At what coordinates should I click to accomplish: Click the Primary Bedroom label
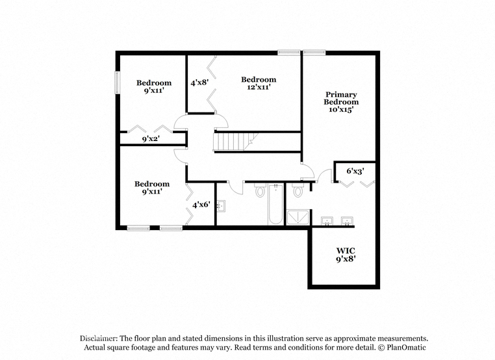coord(341,98)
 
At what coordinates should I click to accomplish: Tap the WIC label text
coord(346,251)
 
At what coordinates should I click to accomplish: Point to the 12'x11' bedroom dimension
coord(259,87)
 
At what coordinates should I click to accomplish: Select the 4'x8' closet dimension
coord(199,83)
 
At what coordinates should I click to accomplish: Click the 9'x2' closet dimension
coord(151,138)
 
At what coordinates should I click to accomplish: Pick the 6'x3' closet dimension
coord(355,171)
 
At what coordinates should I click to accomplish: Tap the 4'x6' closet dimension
coord(201,205)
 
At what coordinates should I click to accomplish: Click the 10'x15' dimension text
coord(341,110)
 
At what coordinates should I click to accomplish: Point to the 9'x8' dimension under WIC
coord(346,259)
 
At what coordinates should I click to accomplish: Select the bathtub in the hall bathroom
coord(275,205)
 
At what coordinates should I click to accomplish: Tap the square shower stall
coord(298,217)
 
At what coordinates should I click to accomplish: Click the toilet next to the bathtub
coord(260,191)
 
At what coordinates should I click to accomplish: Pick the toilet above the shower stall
coord(298,190)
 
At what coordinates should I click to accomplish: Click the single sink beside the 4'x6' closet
coord(221,207)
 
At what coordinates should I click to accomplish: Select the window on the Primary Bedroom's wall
coord(314,53)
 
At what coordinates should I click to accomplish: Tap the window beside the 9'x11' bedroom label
coord(118,83)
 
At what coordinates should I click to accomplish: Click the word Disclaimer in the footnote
coord(98,339)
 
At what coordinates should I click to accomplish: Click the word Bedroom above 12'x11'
coord(259,79)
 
